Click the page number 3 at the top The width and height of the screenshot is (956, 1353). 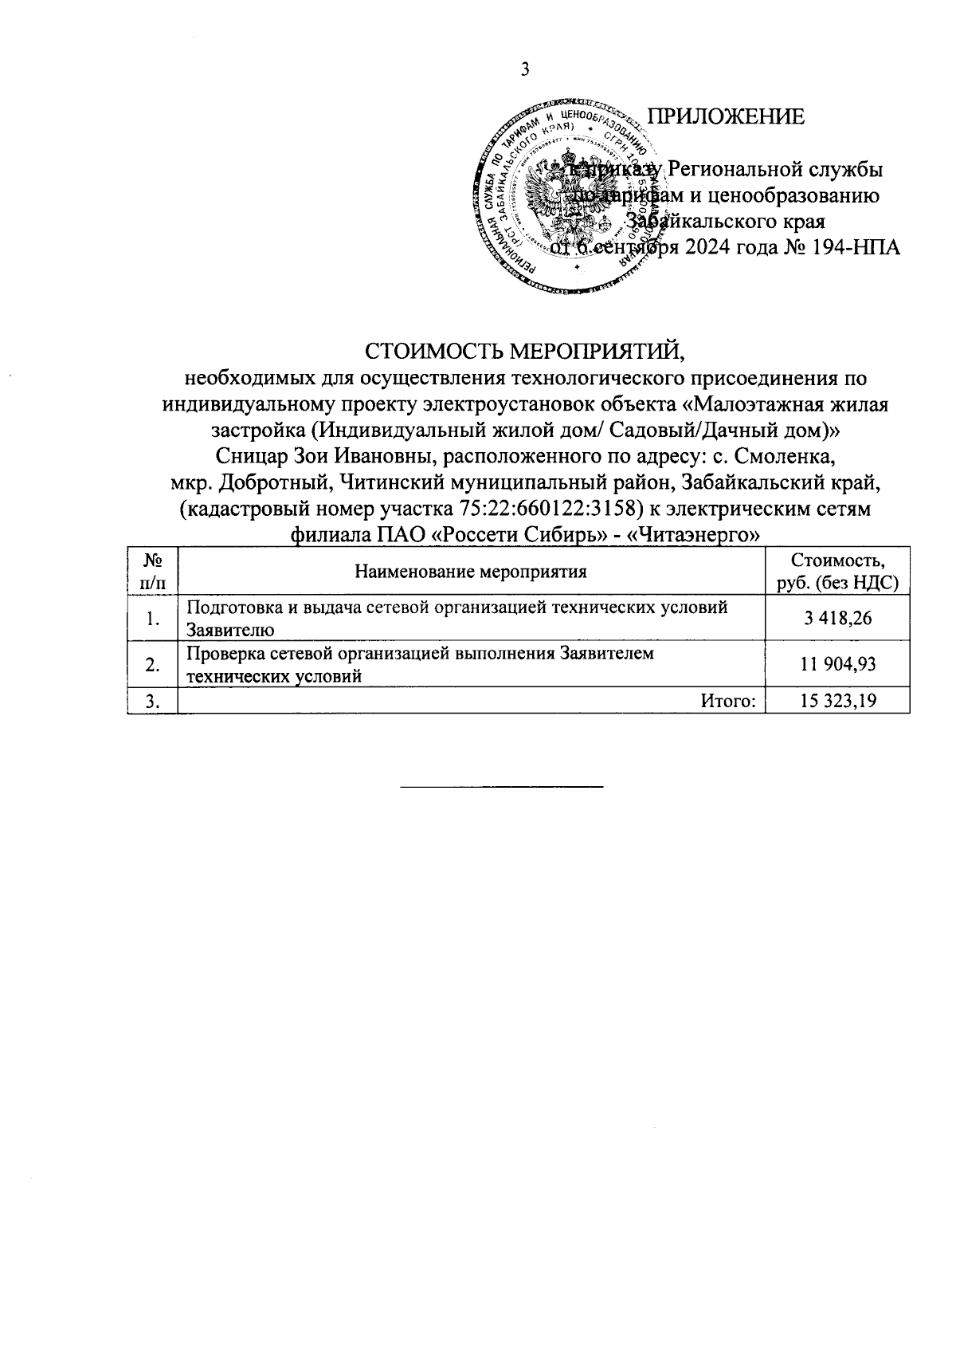(x=525, y=70)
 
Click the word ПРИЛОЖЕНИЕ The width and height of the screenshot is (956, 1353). (x=725, y=117)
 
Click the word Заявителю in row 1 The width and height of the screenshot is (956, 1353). (x=230, y=630)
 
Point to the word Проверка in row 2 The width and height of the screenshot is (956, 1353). (x=223, y=654)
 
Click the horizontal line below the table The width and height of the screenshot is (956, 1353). (x=501, y=787)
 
